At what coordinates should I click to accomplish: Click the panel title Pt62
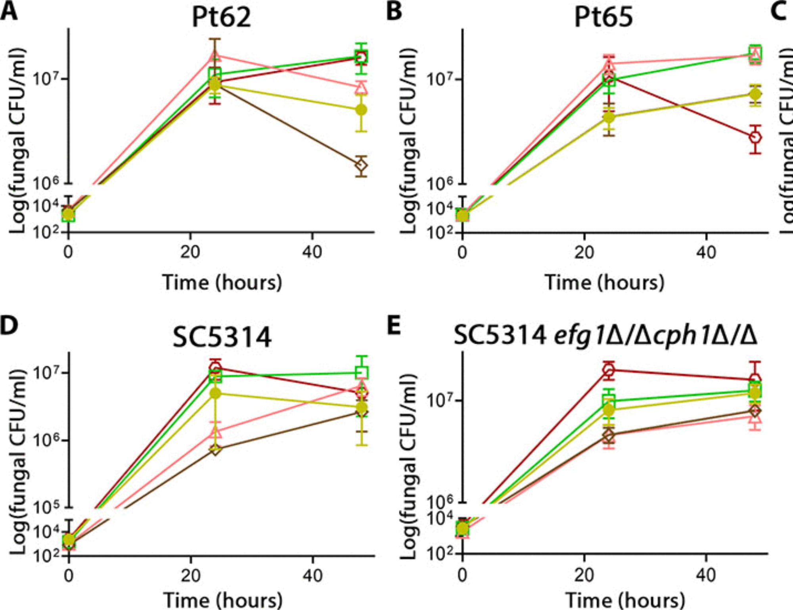pyautogui.click(x=221, y=17)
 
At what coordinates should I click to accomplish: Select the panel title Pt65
pyautogui.click(x=603, y=17)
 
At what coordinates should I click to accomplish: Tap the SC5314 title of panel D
pyautogui.click(x=222, y=337)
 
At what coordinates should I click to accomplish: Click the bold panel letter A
pyautogui.click(x=9, y=11)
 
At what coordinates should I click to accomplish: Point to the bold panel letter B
pyautogui.click(x=394, y=11)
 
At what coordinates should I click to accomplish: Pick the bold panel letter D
pyautogui.click(x=9, y=326)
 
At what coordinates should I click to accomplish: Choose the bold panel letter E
pyautogui.click(x=393, y=326)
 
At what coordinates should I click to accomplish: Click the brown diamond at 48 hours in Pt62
pyautogui.click(x=361, y=165)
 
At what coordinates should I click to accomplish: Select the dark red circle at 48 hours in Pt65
pyautogui.click(x=755, y=138)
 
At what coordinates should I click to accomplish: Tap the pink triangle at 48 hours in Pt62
pyautogui.click(x=361, y=87)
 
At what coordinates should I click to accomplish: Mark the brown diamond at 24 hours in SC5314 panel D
pyautogui.click(x=215, y=449)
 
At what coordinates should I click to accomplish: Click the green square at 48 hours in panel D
pyautogui.click(x=362, y=372)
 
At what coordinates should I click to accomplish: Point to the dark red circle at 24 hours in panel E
pyautogui.click(x=609, y=370)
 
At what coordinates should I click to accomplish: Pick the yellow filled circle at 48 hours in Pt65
pyautogui.click(x=755, y=94)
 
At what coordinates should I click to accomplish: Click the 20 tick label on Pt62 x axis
pyautogui.click(x=190, y=252)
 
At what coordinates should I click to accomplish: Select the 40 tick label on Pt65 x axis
pyautogui.click(x=706, y=252)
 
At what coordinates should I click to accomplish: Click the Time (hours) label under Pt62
pyautogui.click(x=222, y=282)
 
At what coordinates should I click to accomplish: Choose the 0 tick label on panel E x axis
pyautogui.click(x=462, y=575)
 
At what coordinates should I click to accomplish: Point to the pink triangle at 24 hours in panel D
pyautogui.click(x=215, y=432)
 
